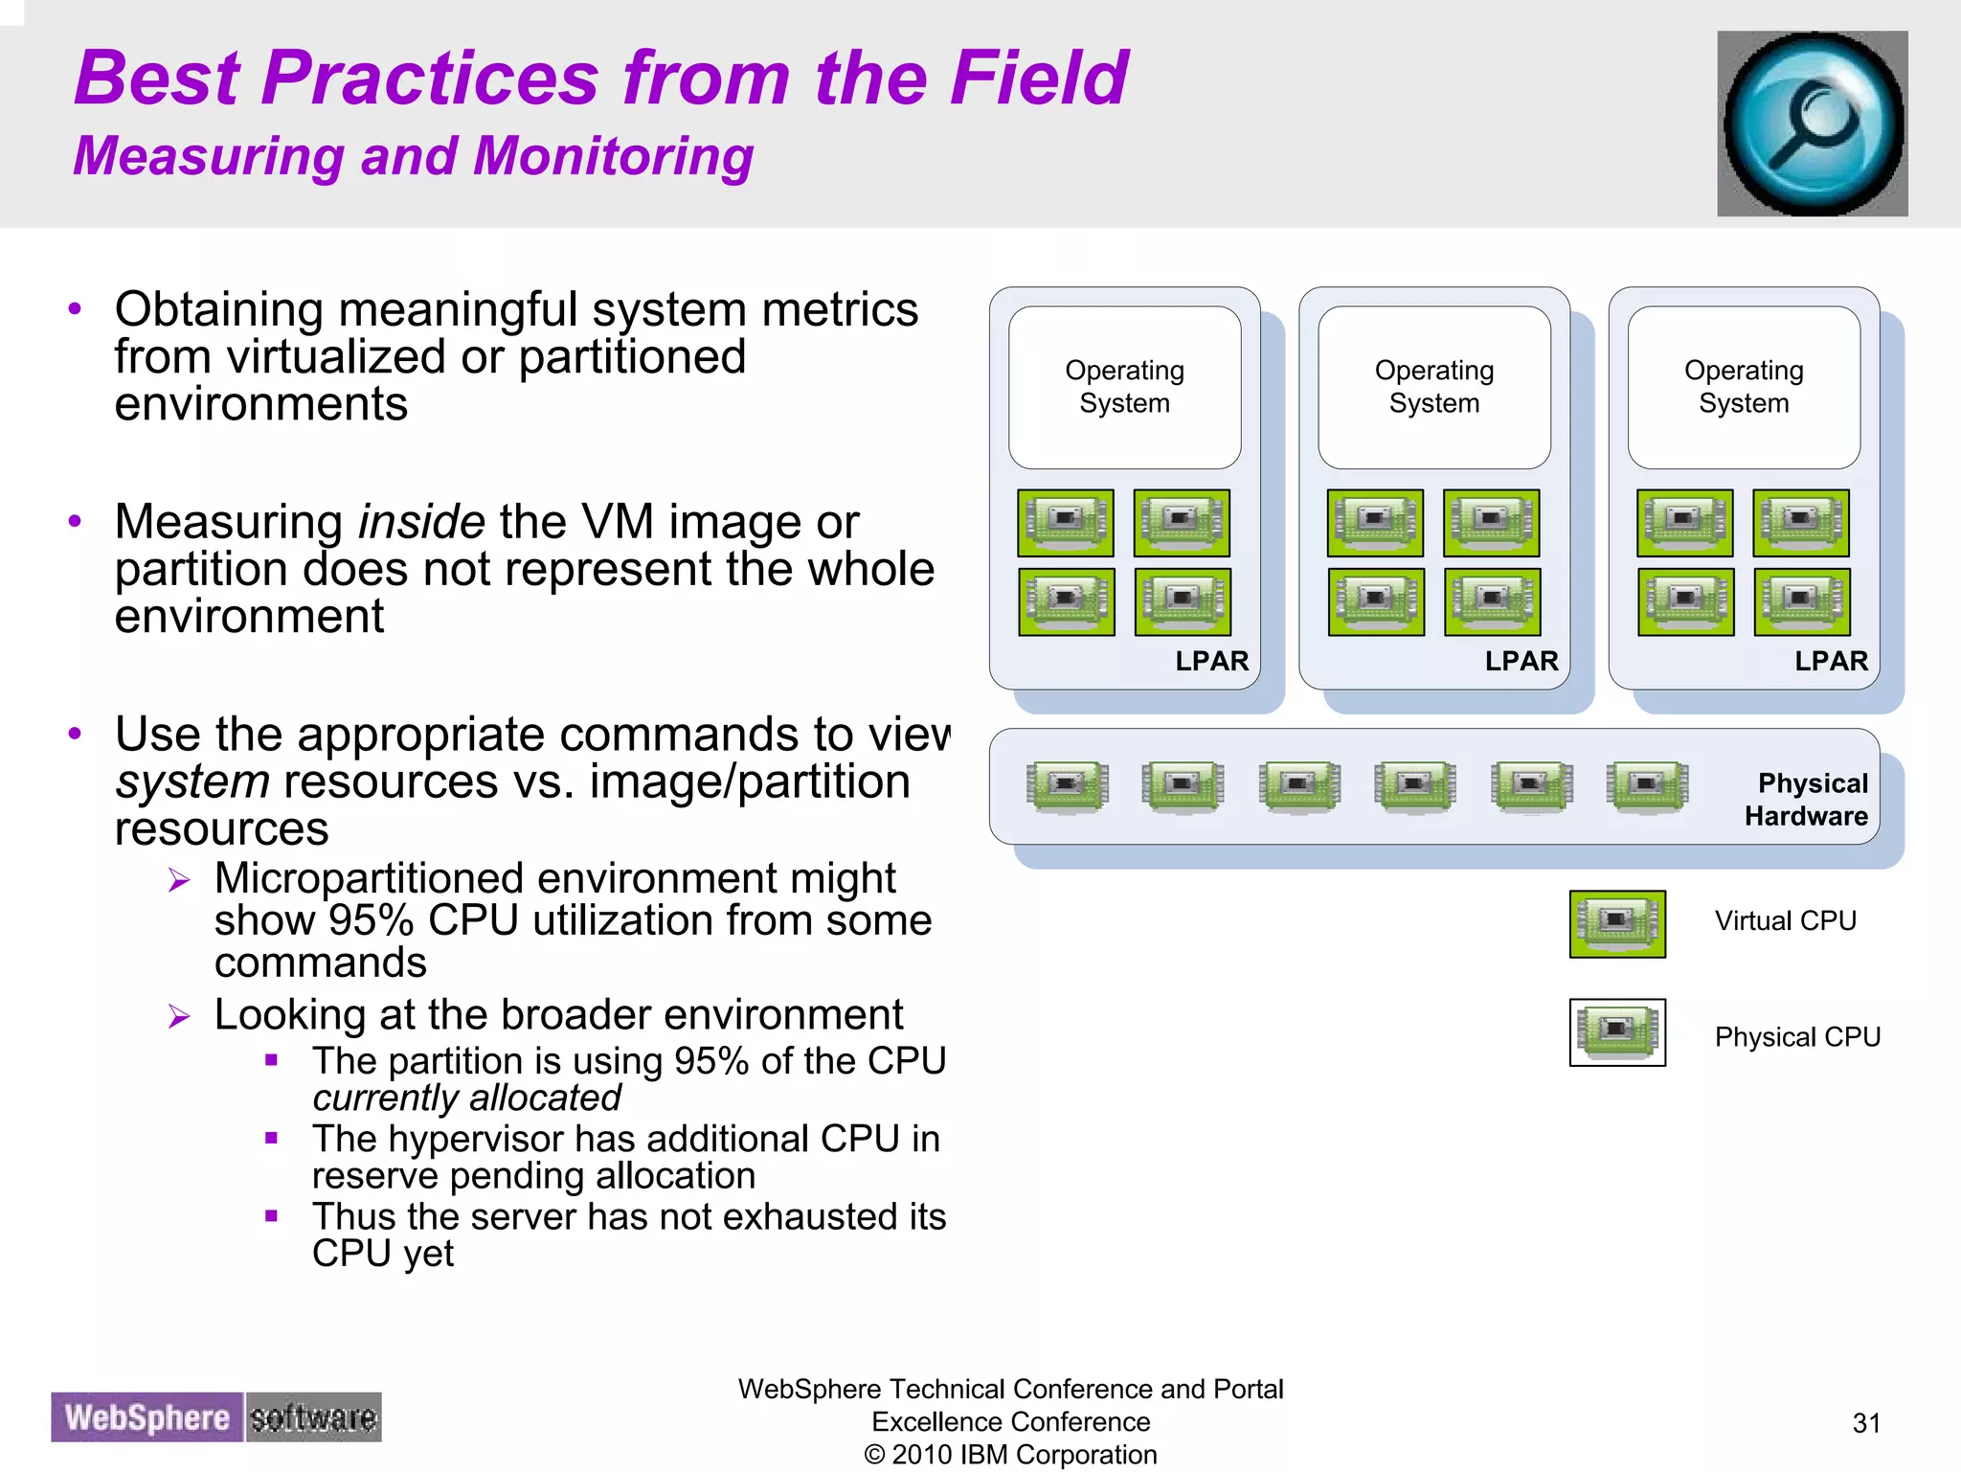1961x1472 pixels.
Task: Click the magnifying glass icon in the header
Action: [x=1812, y=124]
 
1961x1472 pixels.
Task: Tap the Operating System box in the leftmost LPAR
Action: [x=1124, y=387]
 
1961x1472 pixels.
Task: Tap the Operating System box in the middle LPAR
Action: [x=1433, y=387]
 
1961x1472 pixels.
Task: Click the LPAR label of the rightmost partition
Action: [x=1830, y=661]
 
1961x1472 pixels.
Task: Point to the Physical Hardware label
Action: [x=1806, y=800]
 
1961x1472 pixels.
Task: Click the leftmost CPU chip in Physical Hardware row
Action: [x=1067, y=786]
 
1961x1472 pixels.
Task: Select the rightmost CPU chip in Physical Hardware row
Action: [x=1647, y=786]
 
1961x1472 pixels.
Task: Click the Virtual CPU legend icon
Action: [x=1617, y=923]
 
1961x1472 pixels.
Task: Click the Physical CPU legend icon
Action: [x=1617, y=1031]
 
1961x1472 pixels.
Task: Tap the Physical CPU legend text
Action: [x=1796, y=1037]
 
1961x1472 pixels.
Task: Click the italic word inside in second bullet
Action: [x=421, y=523]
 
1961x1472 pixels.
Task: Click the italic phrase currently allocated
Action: [x=466, y=1098]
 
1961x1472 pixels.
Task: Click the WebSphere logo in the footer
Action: [x=147, y=1416]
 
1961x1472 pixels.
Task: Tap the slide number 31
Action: [x=1866, y=1423]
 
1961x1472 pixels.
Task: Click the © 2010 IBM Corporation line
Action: [x=1010, y=1455]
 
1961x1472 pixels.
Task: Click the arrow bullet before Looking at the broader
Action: [x=179, y=1016]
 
